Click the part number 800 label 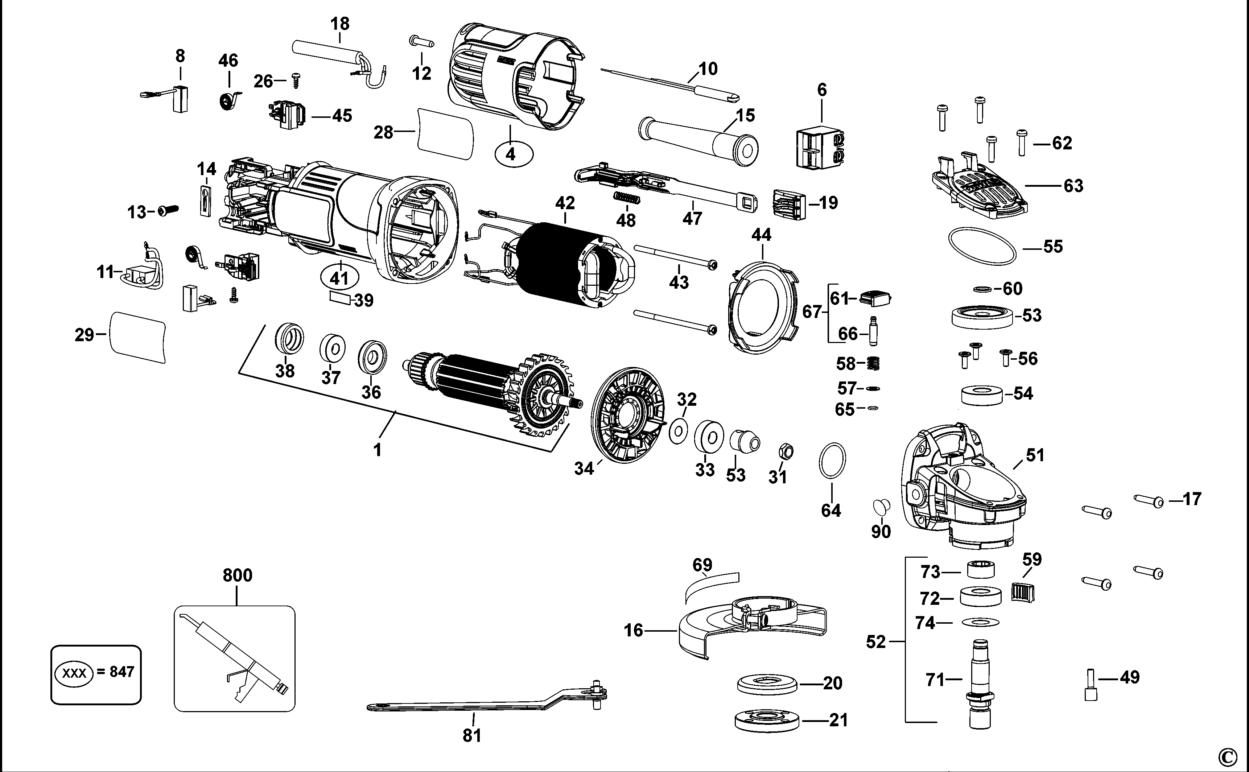coord(238,575)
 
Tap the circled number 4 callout coord(511,153)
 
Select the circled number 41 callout coord(339,278)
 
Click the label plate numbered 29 coord(138,337)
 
